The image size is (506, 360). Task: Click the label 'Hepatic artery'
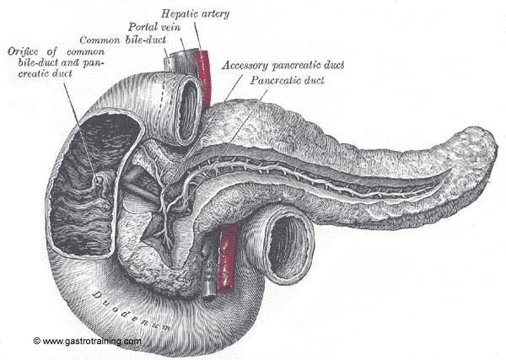[x=196, y=14]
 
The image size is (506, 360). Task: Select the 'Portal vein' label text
[x=154, y=27]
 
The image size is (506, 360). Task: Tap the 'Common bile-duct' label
[x=122, y=40]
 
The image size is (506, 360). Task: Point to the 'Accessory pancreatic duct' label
[x=283, y=66]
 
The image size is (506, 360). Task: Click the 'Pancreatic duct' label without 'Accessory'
[x=288, y=80]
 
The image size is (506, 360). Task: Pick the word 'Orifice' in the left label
[x=23, y=51]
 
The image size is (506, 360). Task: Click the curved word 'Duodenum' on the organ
[x=131, y=311]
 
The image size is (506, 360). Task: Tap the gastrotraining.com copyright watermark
[x=87, y=341]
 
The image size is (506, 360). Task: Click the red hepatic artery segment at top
[x=203, y=78]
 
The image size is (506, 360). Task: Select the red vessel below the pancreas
[x=227, y=259]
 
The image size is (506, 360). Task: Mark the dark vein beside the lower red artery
[x=208, y=271]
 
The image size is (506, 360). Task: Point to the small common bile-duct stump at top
[x=168, y=63]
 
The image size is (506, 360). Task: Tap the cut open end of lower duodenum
[x=288, y=246]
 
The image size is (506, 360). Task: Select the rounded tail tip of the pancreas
[x=484, y=148]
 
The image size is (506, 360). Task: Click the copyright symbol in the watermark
[x=36, y=341]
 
